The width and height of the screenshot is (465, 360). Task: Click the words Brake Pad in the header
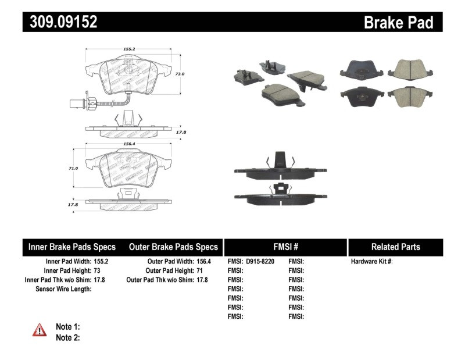398,23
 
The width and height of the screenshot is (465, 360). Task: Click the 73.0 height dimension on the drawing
180,74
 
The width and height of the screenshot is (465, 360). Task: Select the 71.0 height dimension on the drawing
73,167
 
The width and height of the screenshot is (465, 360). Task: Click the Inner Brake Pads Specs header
72,247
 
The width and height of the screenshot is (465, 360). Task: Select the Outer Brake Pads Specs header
173,247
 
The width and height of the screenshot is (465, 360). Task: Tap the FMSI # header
286,247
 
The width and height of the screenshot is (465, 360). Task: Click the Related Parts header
395,247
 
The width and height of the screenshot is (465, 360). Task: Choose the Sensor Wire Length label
63,288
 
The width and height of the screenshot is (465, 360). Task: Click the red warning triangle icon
39,330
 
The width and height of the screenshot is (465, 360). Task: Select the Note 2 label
67,337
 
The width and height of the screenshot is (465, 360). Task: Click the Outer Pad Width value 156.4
201,262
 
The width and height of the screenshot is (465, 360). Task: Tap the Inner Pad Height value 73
97,270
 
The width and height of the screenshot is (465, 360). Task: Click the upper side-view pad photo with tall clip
277,166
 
